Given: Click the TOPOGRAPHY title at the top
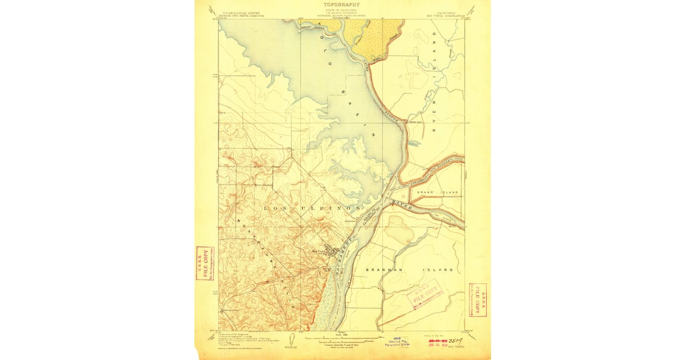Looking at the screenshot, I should point(342,4).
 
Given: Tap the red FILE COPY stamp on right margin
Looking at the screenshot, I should point(477,298).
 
